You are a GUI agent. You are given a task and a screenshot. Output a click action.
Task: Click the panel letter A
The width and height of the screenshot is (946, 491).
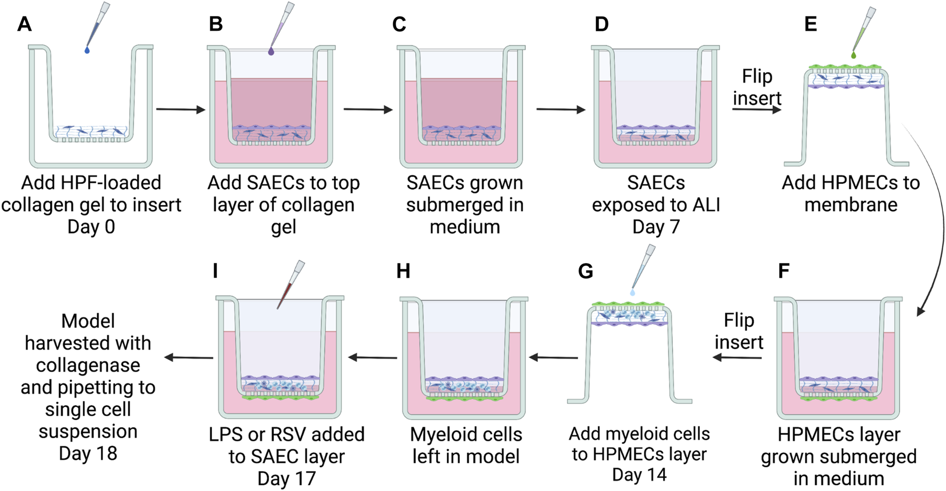pyautogui.click(x=24, y=24)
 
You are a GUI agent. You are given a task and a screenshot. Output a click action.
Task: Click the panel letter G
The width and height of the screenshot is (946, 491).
pyautogui.click(x=585, y=271)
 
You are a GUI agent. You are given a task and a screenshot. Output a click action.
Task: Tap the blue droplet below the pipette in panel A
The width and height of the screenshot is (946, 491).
pyautogui.click(x=87, y=51)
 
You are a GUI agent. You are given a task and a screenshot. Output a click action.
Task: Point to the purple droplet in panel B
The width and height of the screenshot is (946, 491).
pyautogui.click(x=271, y=52)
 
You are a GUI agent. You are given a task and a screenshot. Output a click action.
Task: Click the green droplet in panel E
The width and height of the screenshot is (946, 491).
pyautogui.click(x=854, y=55)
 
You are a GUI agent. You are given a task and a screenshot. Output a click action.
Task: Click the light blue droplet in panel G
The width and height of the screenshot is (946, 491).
pyautogui.click(x=633, y=292)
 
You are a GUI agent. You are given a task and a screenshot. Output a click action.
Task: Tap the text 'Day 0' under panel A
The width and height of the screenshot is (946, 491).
pyautogui.click(x=91, y=227)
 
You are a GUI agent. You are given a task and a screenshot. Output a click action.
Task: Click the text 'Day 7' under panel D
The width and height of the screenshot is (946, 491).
pyautogui.click(x=656, y=227)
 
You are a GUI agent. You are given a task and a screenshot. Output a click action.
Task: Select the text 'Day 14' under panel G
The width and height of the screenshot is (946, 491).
pyautogui.click(x=639, y=474)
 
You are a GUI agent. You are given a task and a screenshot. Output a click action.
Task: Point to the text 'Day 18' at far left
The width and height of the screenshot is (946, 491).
pyautogui.click(x=88, y=454)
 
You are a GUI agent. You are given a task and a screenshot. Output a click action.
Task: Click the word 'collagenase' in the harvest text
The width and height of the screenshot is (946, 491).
pyautogui.click(x=88, y=366)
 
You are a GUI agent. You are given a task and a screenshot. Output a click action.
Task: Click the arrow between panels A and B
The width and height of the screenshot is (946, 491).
pyautogui.click(x=180, y=109)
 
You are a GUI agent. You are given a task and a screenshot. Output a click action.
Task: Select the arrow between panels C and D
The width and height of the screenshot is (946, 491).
pyautogui.click(x=561, y=109)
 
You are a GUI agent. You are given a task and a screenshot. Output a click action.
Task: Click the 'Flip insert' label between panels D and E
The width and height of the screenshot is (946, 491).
pyautogui.click(x=757, y=87)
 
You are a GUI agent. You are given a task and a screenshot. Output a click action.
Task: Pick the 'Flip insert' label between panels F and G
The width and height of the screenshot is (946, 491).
pyautogui.click(x=739, y=331)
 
